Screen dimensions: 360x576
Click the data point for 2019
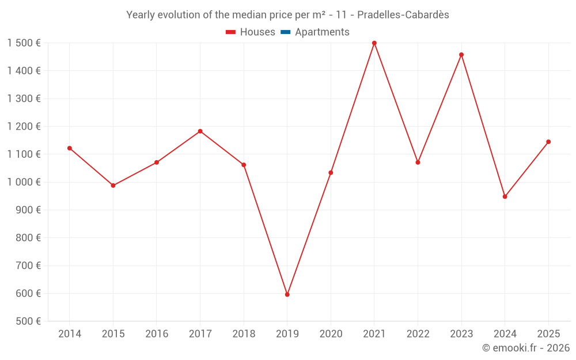point(287,294)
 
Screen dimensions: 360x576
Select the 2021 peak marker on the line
point(374,43)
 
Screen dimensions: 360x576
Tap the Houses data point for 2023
point(461,55)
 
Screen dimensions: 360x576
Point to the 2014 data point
point(70,148)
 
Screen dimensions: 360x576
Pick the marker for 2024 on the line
point(505,196)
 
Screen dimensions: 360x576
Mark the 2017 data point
point(200,131)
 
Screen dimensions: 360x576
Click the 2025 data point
point(548,142)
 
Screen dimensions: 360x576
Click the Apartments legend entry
point(322,32)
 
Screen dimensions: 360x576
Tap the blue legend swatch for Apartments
point(285,32)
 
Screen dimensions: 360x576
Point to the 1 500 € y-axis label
point(24,43)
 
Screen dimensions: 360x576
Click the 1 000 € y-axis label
point(24,182)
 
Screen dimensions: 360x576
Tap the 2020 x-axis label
point(331,334)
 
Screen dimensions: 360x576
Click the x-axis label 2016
point(157,334)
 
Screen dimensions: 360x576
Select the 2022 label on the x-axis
point(418,334)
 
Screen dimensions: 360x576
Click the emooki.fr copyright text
point(526,348)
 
